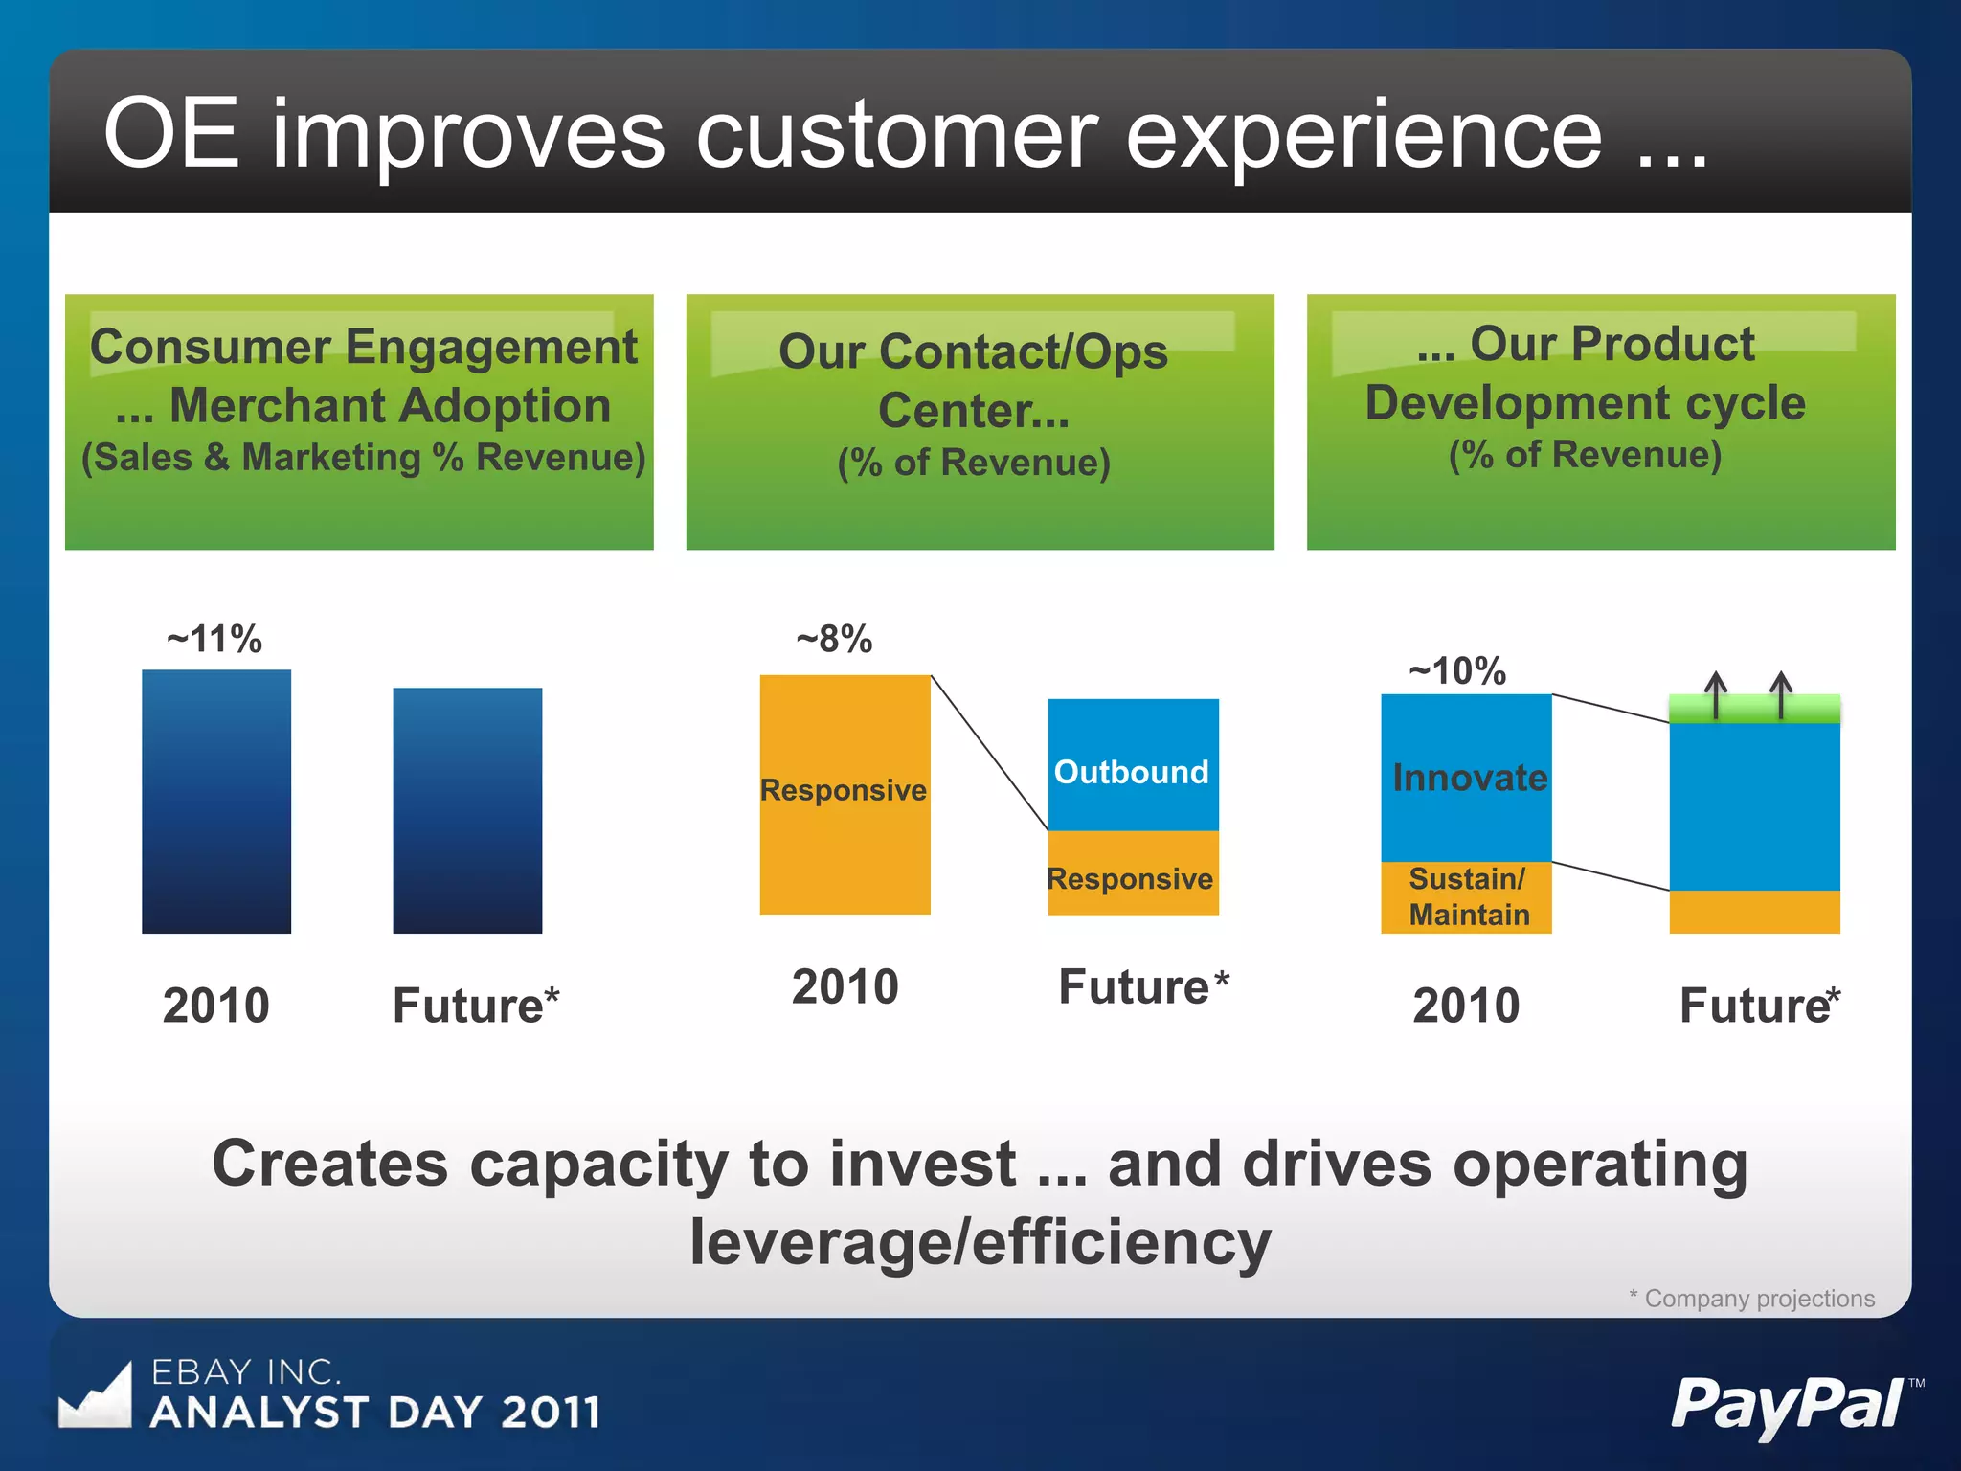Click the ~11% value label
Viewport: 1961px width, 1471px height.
[214, 640]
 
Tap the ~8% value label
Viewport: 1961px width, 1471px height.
[834, 640]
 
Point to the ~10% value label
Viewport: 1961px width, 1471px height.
[1457, 671]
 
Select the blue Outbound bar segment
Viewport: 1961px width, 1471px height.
[1133, 764]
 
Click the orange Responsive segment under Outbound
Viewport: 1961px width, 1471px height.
[1133, 873]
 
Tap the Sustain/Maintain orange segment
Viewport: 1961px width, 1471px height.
[1466, 897]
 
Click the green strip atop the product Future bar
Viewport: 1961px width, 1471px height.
[1754, 710]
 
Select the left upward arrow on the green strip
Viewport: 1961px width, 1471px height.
[1716, 694]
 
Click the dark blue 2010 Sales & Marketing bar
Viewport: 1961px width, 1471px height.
[216, 802]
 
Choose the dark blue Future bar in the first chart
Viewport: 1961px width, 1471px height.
[467, 810]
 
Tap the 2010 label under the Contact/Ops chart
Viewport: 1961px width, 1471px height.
[845, 987]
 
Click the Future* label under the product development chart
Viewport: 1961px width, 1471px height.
[1759, 1006]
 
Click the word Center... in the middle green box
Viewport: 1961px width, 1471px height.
[974, 411]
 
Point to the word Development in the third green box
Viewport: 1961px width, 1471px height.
[1516, 402]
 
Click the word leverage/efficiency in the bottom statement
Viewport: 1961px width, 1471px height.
[980, 1242]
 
